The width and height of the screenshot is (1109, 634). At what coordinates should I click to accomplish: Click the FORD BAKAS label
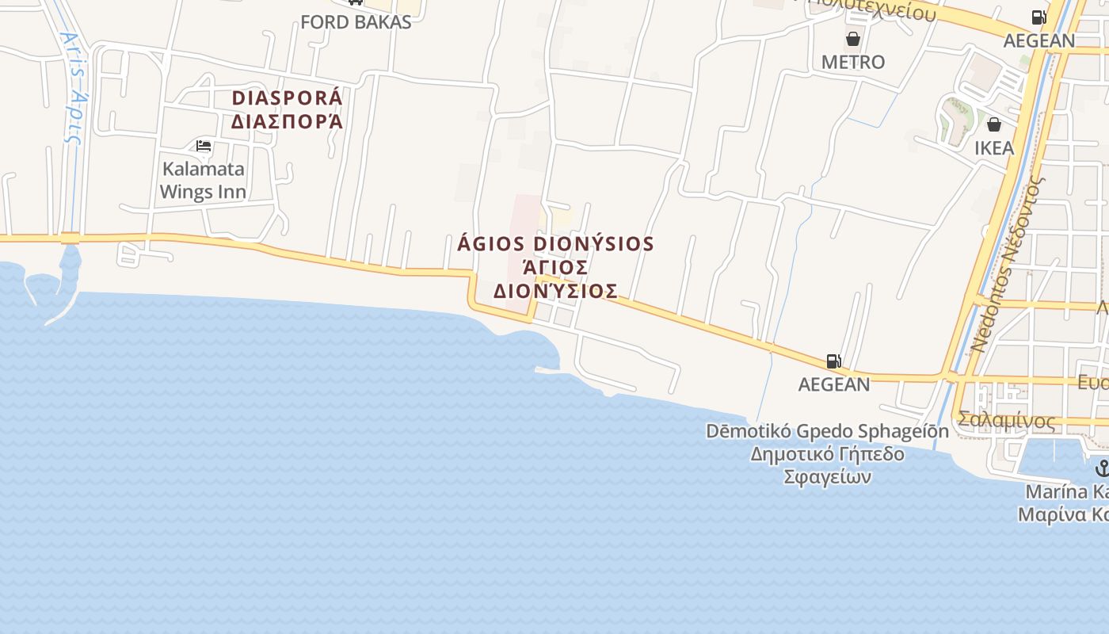tap(356, 21)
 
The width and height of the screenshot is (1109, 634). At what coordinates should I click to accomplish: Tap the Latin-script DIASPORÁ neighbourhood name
tap(287, 98)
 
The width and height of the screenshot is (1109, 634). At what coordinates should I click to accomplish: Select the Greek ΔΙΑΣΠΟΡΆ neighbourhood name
tap(287, 121)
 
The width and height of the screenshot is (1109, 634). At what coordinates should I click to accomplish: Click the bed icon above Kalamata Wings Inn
tap(204, 146)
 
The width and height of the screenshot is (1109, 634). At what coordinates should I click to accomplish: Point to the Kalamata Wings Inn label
tap(203, 180)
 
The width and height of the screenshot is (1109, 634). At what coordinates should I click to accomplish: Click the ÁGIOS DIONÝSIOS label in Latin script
tap(555, 243)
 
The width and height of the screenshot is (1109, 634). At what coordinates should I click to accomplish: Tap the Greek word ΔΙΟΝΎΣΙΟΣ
tap(555, 291)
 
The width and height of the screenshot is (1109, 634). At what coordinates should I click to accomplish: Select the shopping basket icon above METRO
tap(853, 38)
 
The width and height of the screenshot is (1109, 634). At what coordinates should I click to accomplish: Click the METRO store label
tap(853, 62)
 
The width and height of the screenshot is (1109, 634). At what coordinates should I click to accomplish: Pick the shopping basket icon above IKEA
tap(994, 124)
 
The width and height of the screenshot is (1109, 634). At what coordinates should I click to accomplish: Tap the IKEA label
tap(994, 148)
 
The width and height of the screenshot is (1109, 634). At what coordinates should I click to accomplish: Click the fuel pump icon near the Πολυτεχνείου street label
tap(1038, 17)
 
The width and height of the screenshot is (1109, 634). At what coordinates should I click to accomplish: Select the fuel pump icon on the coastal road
tap(833, 361)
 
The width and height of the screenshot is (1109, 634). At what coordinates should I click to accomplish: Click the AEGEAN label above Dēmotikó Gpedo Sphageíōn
tap(833, 384)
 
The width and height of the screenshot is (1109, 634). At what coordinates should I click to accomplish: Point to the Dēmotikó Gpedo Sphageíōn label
tap(827, 432)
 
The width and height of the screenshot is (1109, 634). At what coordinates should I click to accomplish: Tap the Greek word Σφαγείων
tap(827, 477)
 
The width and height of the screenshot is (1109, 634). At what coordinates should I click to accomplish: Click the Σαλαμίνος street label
tap(1006, 420)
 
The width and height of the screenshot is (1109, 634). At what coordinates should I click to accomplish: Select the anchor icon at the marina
tap(1102, 468)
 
